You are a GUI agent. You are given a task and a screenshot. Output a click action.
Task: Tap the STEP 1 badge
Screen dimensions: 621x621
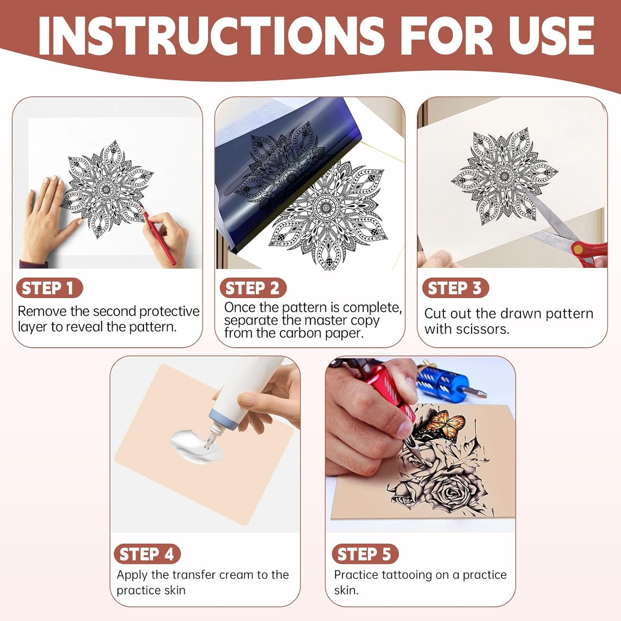click(x=49, y=288)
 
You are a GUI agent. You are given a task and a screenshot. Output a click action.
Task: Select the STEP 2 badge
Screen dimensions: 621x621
click(x=253, y=288)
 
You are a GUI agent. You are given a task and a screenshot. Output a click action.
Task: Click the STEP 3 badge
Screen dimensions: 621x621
click(x=455, y=288)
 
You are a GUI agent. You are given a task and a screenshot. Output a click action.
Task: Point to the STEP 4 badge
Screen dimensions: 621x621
click(x=147, y=554)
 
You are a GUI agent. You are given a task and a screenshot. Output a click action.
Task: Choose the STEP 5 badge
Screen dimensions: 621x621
click(x=365, y=554)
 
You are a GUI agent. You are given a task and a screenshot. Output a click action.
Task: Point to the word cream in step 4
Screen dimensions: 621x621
click(x=236, y=575)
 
